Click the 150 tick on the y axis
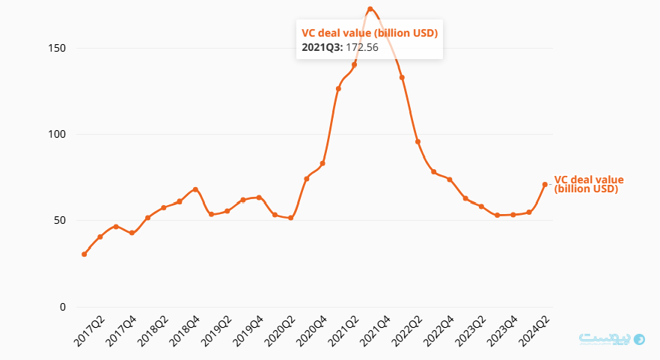click(58, 49)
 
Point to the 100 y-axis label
click(58, 135)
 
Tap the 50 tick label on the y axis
click(60, 221)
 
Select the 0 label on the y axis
click(63, 307)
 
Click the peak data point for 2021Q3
click(370, 9)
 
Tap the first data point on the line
click(84, 254)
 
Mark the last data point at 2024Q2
click(545, 184)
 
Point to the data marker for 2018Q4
click(195, 189)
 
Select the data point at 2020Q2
click(290, 218)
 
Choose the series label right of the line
click(588, 184)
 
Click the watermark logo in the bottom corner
click(612, 339)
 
